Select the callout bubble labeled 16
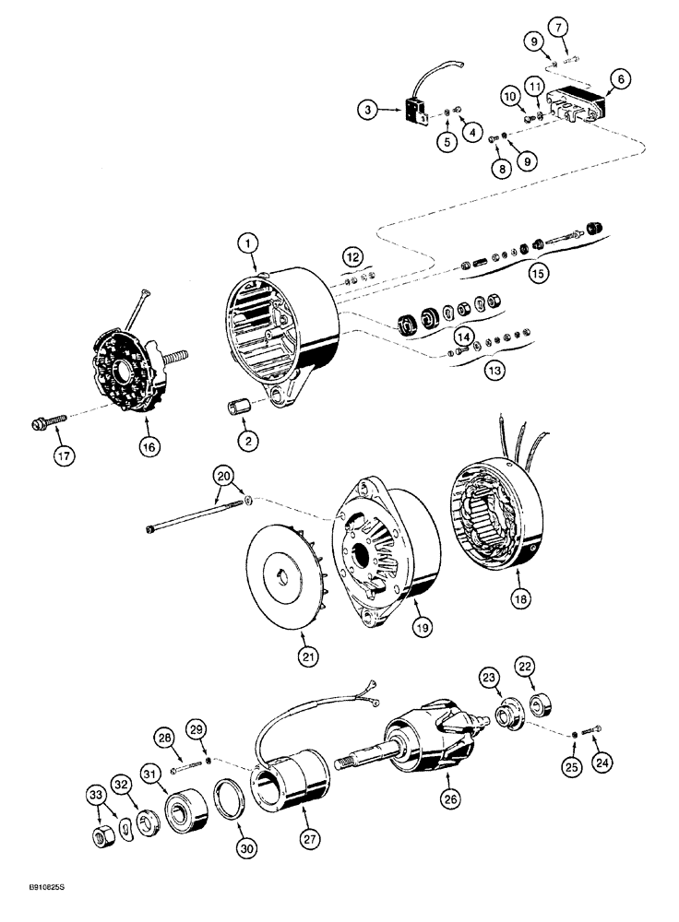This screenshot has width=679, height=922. coord(149,446)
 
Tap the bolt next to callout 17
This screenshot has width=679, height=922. coord(46,423)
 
